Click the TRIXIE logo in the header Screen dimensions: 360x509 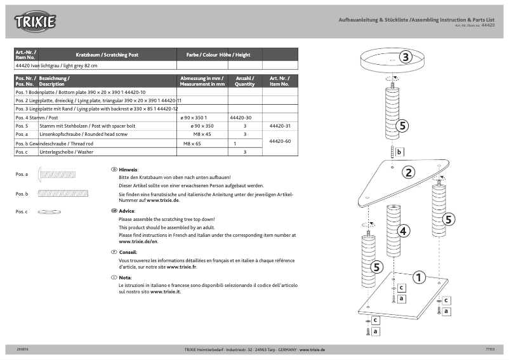coord(36,22)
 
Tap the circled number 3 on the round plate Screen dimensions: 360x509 coord(406,57)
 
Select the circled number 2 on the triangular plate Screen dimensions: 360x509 coord(409,172)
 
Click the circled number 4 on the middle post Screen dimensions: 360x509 coord(403,231)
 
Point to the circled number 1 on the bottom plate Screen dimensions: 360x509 coord(419,277)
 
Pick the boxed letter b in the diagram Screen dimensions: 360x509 coord(399,152)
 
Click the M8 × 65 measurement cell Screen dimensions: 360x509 coord(192,143)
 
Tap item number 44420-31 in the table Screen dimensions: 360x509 coord(280,126)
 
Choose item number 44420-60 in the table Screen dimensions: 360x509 coord(280,141)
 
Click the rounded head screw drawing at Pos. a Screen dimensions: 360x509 coord(57,173)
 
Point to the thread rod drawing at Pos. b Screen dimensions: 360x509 coord(58,193)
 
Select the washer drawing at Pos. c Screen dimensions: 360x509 coord(50,211)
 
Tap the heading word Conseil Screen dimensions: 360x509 coord(128,252)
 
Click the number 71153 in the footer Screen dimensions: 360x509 coord(490,349)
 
